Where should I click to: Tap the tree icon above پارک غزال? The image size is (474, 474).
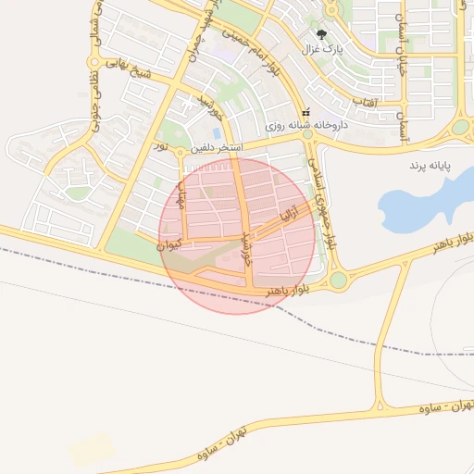323,33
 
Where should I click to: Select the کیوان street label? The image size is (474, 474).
168,245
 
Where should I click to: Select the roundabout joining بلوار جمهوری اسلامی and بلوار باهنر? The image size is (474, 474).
338,279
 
